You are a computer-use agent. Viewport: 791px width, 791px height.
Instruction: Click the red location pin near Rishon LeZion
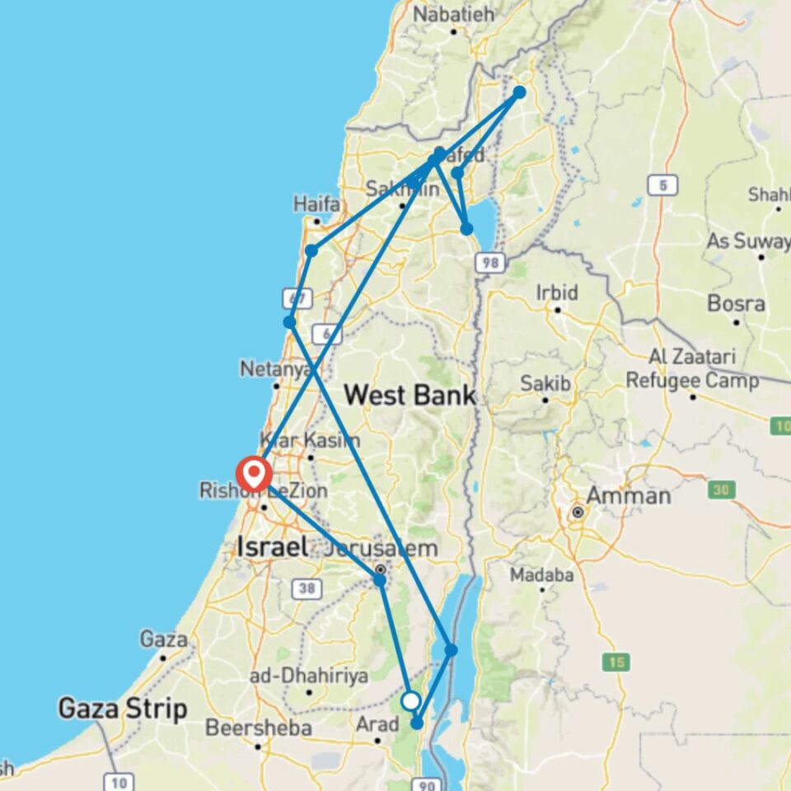click(x=252, y=475)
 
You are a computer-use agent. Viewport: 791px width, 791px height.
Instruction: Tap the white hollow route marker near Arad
click(x=411, y=701)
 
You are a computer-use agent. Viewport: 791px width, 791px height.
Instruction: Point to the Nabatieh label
click(x=453, y=14)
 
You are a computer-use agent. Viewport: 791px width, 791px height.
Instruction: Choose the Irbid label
click(x=558, y=293)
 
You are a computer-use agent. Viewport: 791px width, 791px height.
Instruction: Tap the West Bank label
click(x=410, y=395)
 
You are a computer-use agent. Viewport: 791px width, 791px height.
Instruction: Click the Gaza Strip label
click(x=123, y=709)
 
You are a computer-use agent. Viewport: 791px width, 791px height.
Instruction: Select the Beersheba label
click(x=259, y=728)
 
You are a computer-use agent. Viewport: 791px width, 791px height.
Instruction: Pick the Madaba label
click(x=541, y=574)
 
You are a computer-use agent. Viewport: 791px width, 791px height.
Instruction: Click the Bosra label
click(x=736, y=303)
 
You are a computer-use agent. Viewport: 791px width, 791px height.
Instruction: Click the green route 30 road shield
click(x=722, y=489)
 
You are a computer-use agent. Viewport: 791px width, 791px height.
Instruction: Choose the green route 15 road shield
click(x=615, y=661)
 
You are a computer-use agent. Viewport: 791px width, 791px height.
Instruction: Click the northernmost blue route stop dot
click(x=520, y=92)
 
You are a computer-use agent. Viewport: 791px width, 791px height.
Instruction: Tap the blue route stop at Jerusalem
click(x=379, y=580)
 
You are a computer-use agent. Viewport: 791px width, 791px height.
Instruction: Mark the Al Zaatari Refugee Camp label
click(x=691, y=369)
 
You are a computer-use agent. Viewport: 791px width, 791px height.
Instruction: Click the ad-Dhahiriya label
click(x=309, y=676)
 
